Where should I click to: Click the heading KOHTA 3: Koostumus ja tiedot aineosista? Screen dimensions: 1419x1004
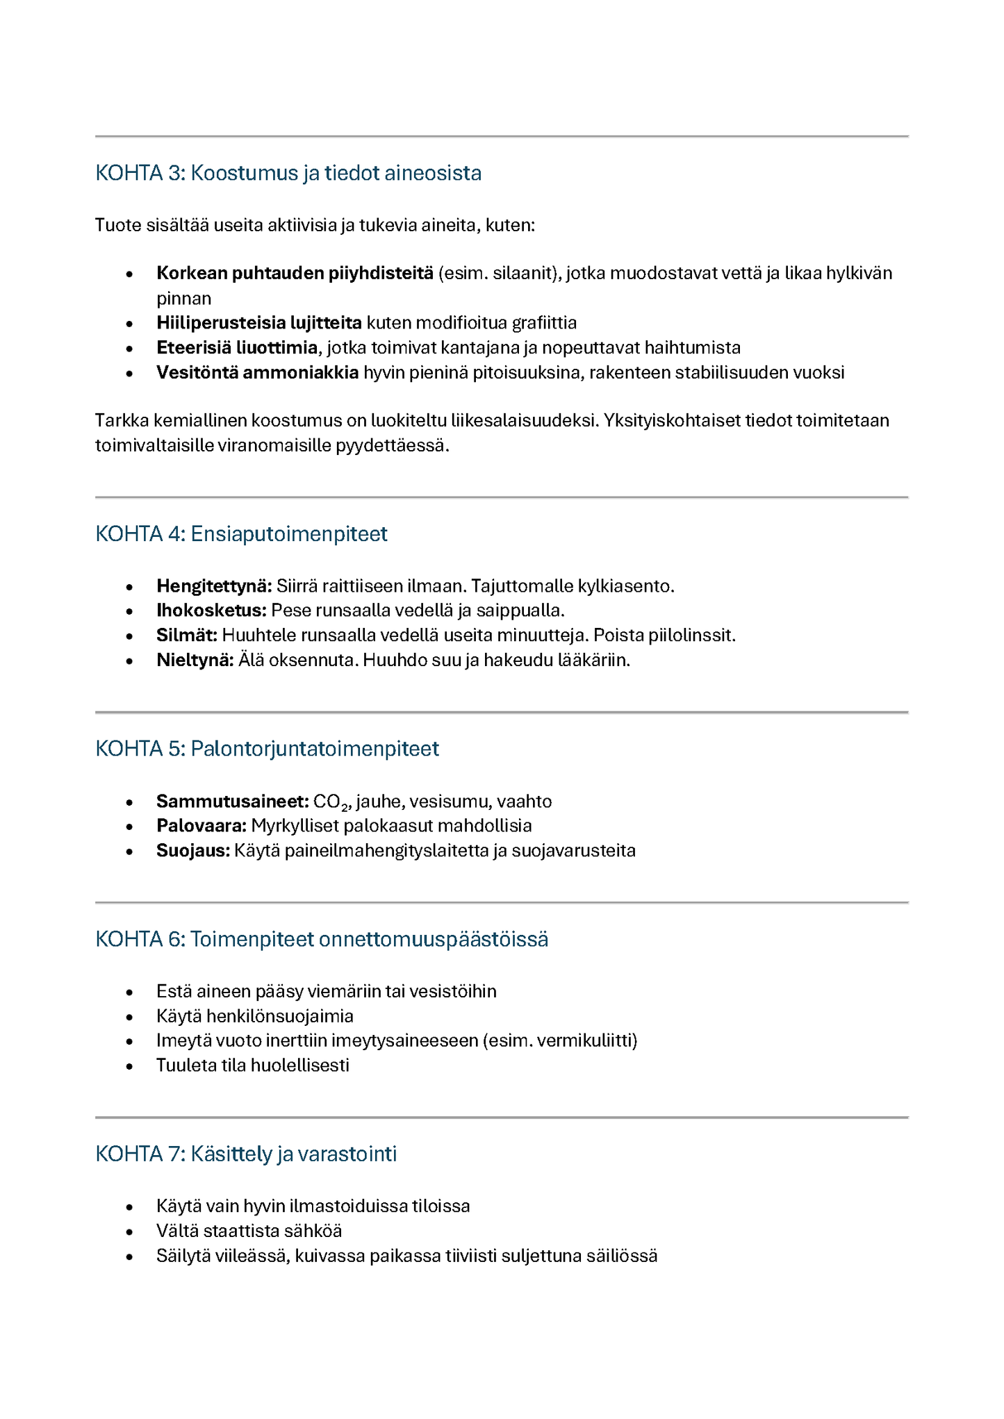click(x=288, y=173)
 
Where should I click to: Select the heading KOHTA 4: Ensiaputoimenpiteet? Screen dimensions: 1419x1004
click(x=241, y=534)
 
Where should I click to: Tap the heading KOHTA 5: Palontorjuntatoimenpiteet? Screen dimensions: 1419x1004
click(x=267, y=749)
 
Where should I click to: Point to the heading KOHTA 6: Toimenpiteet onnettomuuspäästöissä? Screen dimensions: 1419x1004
click(x=322, y=939)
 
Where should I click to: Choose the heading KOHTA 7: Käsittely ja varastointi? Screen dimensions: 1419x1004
click(x=246, y=1154)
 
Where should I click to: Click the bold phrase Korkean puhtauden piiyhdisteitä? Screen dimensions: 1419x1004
click(x=295, y=273)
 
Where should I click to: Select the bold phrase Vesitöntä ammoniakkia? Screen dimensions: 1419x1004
click(x=257, y=372)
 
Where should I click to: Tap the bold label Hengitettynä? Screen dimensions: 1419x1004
click(x=214, y=586)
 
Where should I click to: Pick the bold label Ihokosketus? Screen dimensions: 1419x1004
click(x=211, y=611)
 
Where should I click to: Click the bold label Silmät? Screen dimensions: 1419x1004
click(x=187, y=636)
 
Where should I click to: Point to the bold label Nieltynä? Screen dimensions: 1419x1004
click(x=195, y=660)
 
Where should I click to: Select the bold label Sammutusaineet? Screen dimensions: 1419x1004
click(x=232, y=802)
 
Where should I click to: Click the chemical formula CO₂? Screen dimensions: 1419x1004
click(x=330, y=802)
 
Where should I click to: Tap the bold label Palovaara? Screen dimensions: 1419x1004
click(x=201, y=826)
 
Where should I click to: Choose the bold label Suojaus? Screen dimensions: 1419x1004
click(x=192, y=851)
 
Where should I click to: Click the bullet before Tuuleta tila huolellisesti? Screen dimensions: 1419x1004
click(x=129, y=1066)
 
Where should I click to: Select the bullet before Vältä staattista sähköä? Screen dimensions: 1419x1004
click(x=129, y=1231)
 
